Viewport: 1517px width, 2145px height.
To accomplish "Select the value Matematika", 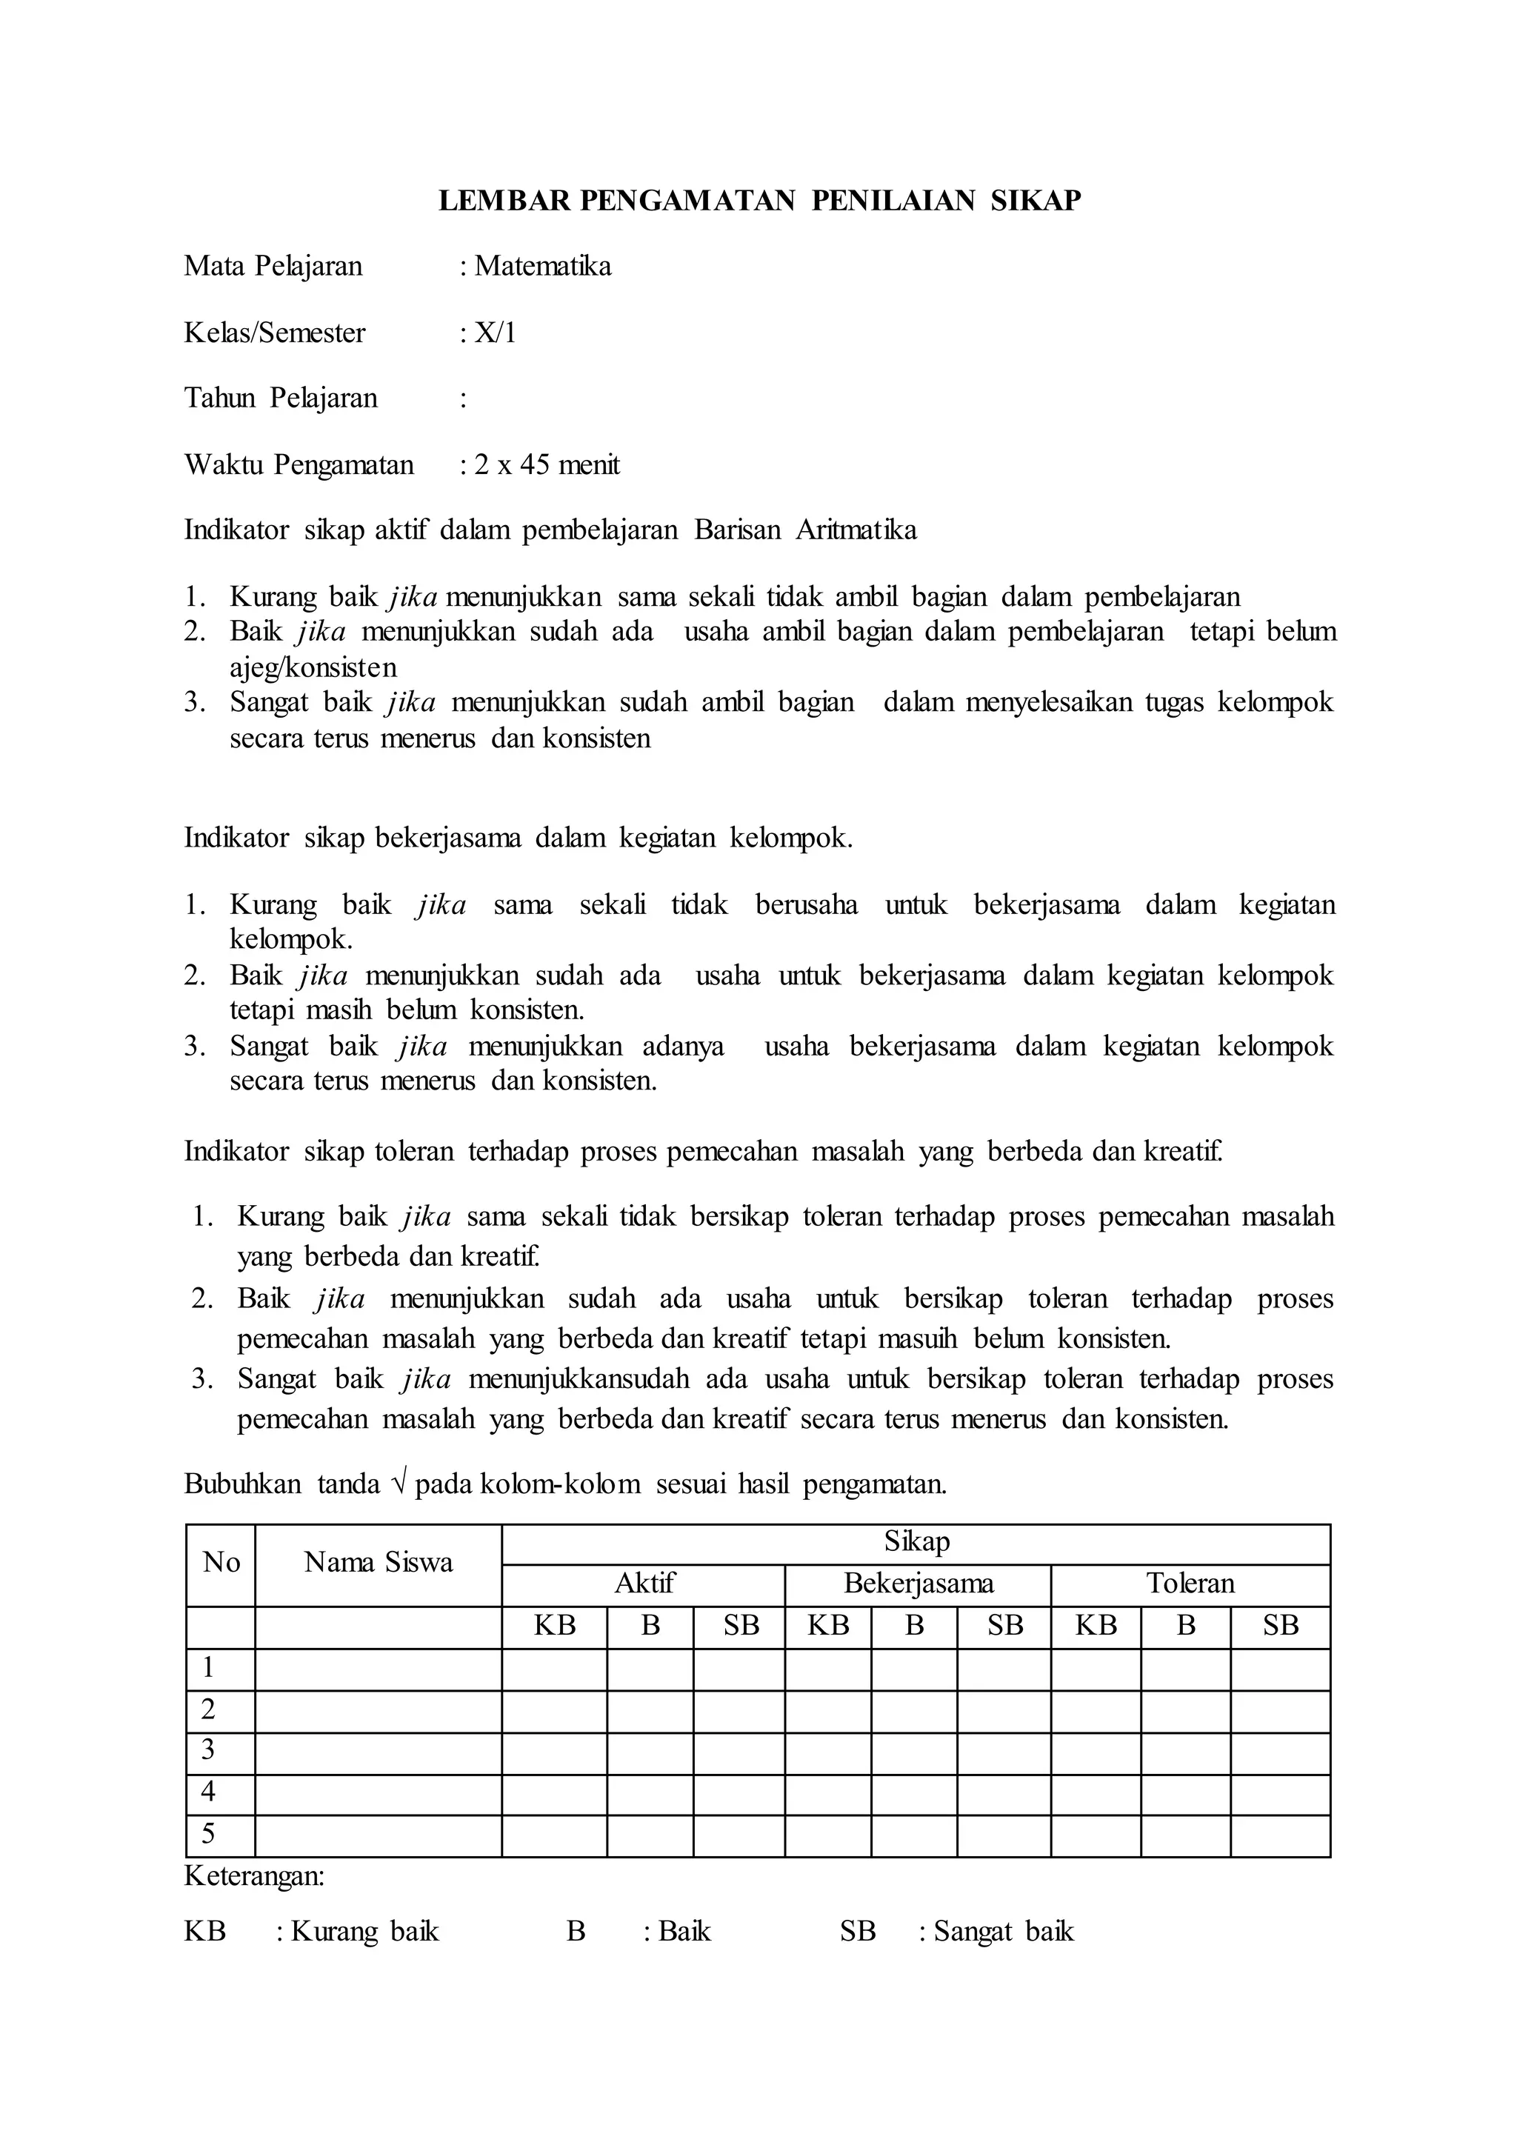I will tap(543, 266).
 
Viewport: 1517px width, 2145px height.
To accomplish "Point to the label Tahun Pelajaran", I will tap(280, 399).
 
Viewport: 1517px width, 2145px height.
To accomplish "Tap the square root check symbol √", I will tap(399, 1484).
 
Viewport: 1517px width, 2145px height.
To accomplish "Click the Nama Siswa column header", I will tap(379, 1562).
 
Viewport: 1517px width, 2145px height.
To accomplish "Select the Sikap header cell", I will tap(916, 1541).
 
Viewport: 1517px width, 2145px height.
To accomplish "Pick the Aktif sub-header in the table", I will tap(644, 1584).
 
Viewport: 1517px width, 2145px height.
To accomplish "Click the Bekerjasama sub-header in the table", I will tap(918, 1584).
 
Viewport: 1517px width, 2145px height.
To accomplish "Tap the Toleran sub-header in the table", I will tap(1190, 1584).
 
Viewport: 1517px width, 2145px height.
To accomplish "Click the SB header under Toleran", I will tap(1280, 1626).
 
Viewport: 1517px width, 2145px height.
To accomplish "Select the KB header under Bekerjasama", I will tap(827, 1626).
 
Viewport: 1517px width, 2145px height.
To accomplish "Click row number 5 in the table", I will tap(208, 1833).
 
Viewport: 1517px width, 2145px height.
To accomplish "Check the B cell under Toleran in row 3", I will tap(1185, 1751).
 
